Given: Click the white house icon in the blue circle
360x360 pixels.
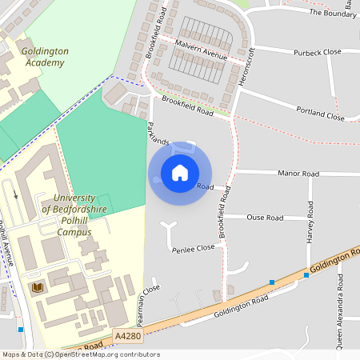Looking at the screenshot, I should tap(179, 172).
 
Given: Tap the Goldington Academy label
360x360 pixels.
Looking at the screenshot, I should tap(46, 56).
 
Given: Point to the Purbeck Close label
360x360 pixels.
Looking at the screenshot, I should tap(295, 52).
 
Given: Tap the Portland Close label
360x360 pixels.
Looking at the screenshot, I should tap(320, 114).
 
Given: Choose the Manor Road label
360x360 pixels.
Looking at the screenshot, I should tap(298, 173).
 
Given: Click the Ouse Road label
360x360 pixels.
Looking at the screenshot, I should tap(265, 218).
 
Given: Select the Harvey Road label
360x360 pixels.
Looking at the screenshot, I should tap(310, 228).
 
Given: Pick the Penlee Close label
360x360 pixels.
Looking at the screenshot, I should tap(194, 249).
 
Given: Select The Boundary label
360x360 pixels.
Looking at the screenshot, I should tap(332, 14).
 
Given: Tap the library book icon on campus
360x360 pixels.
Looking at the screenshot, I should tap(36, 286).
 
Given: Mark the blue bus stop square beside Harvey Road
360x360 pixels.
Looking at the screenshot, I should tap(306, 276).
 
